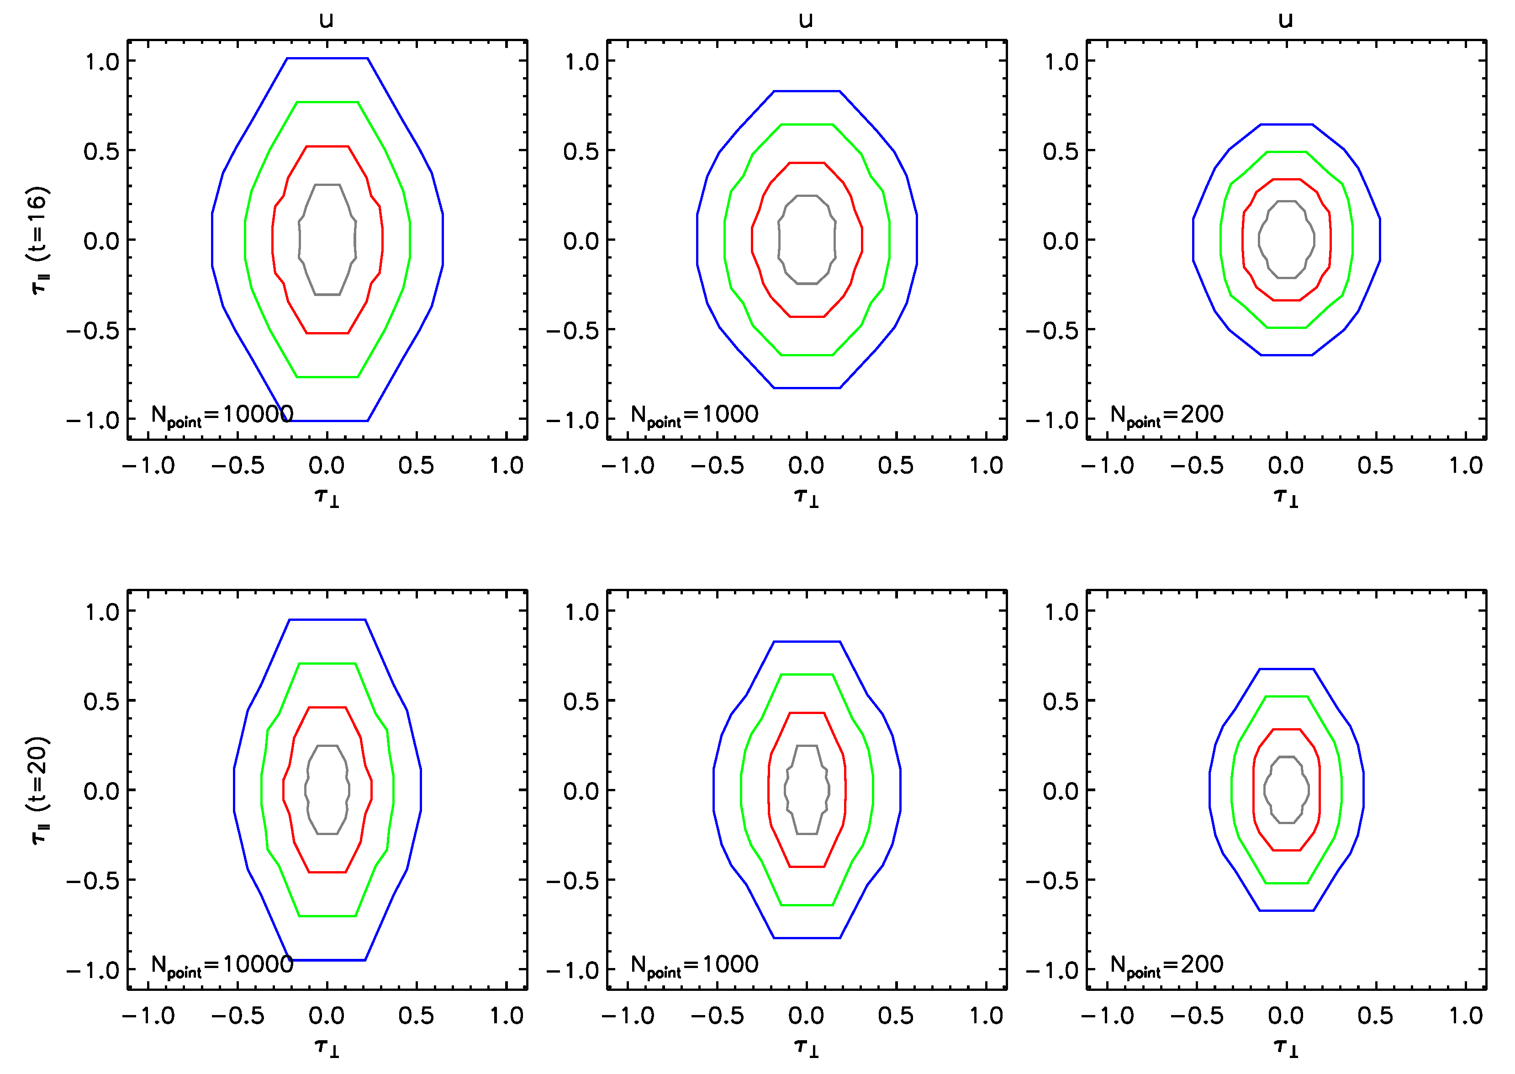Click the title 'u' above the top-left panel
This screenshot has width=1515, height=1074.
326,20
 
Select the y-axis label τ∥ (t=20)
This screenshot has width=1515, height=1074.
40,790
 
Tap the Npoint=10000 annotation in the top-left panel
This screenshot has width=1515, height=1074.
222,415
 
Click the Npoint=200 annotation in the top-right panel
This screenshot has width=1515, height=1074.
1167,415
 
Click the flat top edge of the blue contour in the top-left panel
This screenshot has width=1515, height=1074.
327,58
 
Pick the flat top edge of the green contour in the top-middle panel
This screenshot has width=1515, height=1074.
806,124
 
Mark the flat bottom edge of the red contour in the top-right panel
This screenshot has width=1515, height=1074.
1286,300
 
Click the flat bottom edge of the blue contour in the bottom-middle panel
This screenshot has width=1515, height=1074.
806,938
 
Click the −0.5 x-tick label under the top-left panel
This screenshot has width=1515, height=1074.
238,466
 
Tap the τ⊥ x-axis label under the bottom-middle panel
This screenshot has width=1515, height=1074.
806,1046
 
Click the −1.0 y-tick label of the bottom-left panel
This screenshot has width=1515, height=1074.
93,970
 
